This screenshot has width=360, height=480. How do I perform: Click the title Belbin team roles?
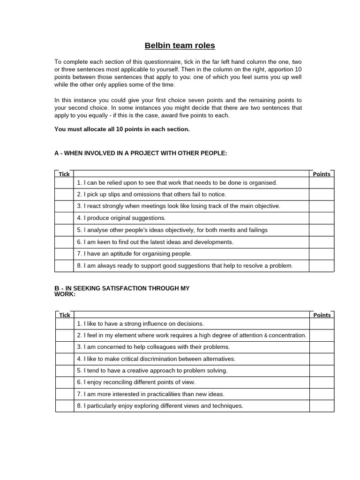tap(180, 45)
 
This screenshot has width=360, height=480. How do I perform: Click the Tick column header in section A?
tap(64, 174)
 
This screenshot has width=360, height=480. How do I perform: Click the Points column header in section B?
tap(322, 315)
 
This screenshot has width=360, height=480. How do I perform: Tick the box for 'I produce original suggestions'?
tap(64, 218)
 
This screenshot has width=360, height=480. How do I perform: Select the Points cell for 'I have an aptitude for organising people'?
tap(322, 254)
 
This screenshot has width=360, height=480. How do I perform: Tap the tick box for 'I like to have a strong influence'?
tap(64, 323)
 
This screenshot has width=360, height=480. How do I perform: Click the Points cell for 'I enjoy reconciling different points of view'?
tap(322, 382)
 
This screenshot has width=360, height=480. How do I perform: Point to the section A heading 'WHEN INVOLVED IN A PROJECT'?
tap(141, 153)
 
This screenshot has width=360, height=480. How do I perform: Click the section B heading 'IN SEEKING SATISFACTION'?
tap(122, 288)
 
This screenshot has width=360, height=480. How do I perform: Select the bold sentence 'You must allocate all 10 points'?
tap(122, 129)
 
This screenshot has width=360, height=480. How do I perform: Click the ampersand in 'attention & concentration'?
tap(266, 336)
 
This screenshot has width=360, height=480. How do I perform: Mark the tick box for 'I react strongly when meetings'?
tap(64, 206)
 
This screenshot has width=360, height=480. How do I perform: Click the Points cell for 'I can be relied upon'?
tap(322, 182)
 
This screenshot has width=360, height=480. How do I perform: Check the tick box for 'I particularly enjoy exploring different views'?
tap(64, 406)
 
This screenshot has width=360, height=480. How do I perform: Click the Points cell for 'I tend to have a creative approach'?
tap(322, 370)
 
